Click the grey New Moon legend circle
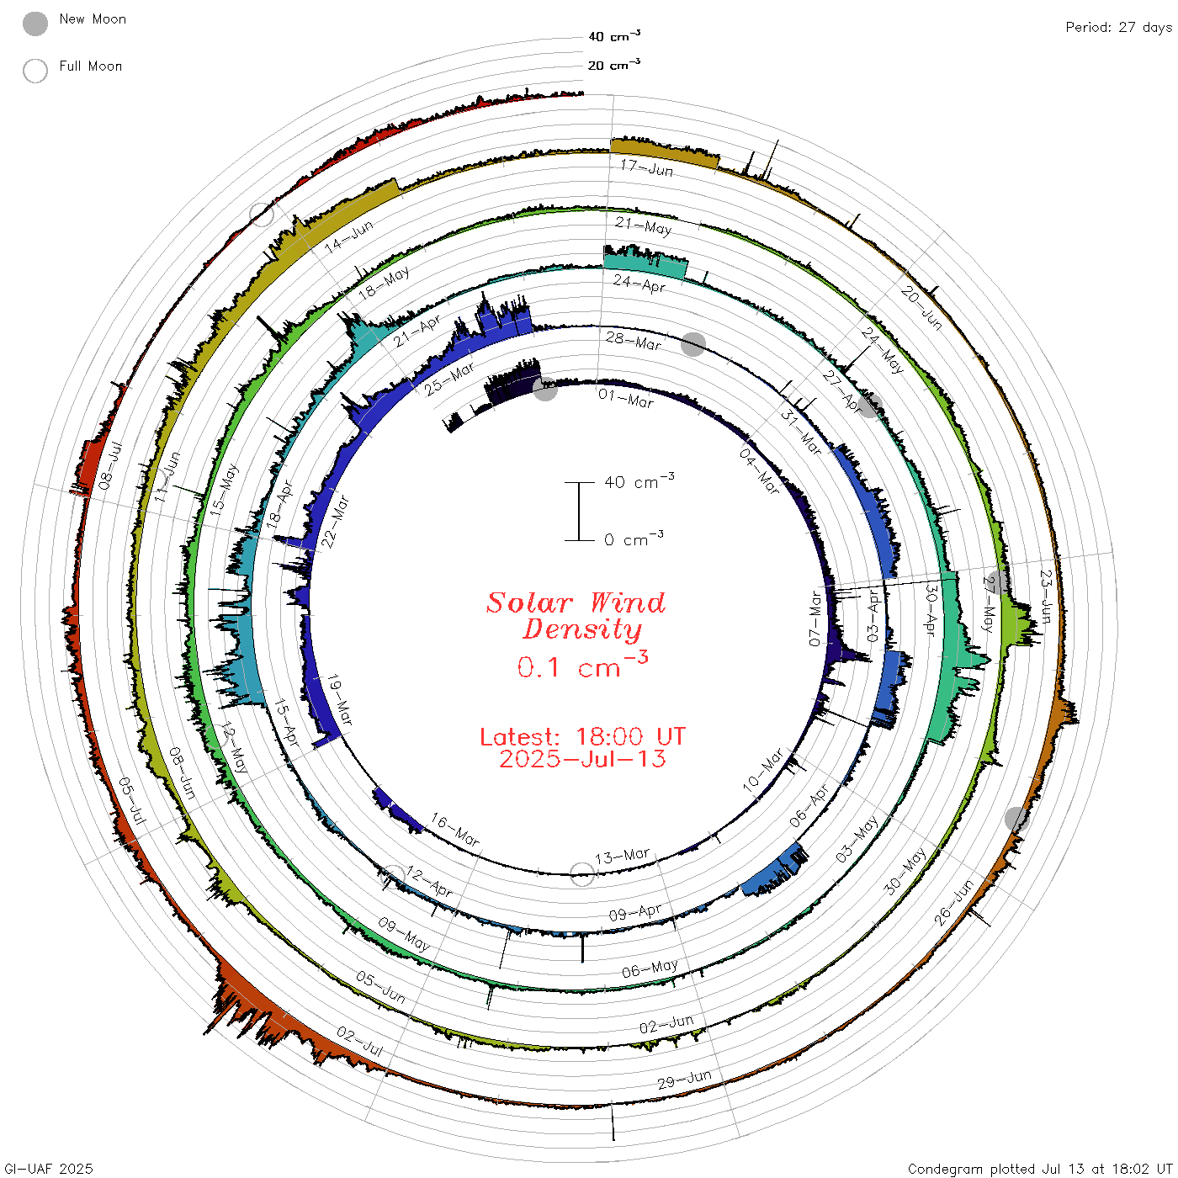[x=34, y=24]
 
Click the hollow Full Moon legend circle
[x=34, y=71]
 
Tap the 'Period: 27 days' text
[x=1118, y=28]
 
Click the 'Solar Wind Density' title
[x=576, y=616]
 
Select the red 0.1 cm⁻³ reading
[x=582, y=666]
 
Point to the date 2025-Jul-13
[x=582, y=759]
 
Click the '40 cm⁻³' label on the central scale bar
[x=639, y=481]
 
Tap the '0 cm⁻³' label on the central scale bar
[x=634, y=539]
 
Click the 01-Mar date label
[x=626, y=398]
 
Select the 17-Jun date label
[x=647, y=168]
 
